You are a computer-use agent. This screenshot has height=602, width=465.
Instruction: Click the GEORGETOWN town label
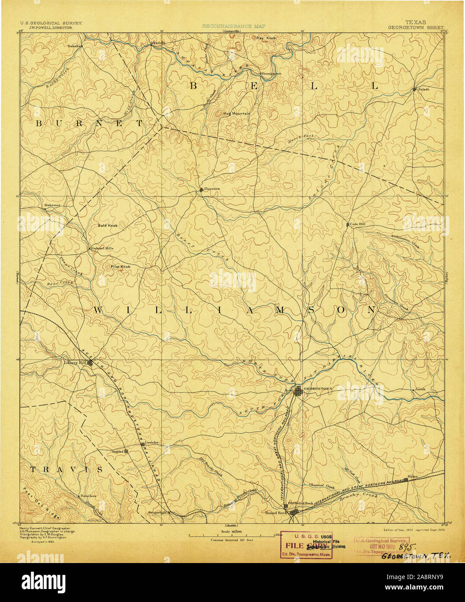tap(318, 389)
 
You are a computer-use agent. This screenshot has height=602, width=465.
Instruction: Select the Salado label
tap(423, 89)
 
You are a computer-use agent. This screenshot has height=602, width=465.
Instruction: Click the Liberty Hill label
tap(75, 362)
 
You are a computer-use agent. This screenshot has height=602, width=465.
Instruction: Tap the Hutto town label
tap(413, 476)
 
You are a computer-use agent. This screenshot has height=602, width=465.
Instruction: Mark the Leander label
tap(152, 443)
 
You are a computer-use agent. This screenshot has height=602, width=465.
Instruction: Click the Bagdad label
tap(117, 451)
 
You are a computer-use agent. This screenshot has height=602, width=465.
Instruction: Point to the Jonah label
tap(420, 389)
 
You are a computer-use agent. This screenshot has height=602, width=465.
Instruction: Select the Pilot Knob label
tap(120, 267)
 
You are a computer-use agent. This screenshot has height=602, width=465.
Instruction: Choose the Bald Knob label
tap(107, 226)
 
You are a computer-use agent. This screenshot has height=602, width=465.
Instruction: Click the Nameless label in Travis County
tap(88, 495)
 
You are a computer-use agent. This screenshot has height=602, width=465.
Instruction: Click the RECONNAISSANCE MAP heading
tap(234, 26)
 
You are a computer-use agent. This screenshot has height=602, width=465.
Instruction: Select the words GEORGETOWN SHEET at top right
tap(416, 27)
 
